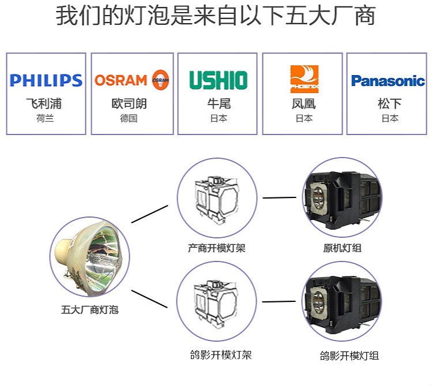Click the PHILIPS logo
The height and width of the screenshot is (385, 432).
(46, 80)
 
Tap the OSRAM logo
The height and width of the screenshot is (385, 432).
(132, 80)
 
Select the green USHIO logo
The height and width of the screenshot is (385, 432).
(218, 80)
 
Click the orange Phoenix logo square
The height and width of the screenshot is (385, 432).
(304, 79)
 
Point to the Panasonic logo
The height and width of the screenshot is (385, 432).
(388, 81)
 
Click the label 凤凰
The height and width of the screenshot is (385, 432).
(304, 104)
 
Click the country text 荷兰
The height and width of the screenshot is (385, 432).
(44, 118)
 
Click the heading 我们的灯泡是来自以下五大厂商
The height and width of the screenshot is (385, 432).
(215, 16)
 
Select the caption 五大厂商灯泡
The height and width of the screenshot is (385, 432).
(89, 309)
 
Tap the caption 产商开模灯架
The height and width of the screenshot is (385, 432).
(216, 248)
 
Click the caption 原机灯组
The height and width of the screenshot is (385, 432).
(343, 248)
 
